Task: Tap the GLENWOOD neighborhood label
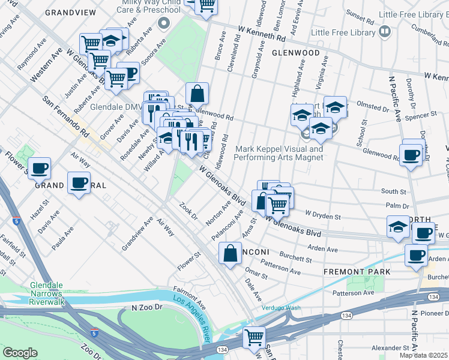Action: click(295, 53)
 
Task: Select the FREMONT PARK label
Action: click(357, 272)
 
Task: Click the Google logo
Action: click(20, 353)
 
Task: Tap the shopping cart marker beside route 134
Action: click(255, 337)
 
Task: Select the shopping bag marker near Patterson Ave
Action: click(231, 253)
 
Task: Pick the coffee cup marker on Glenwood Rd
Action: click(412, 155)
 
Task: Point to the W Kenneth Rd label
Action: click(261, 32)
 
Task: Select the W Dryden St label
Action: click(323, 214)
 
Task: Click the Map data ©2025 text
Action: click(423, 355)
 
